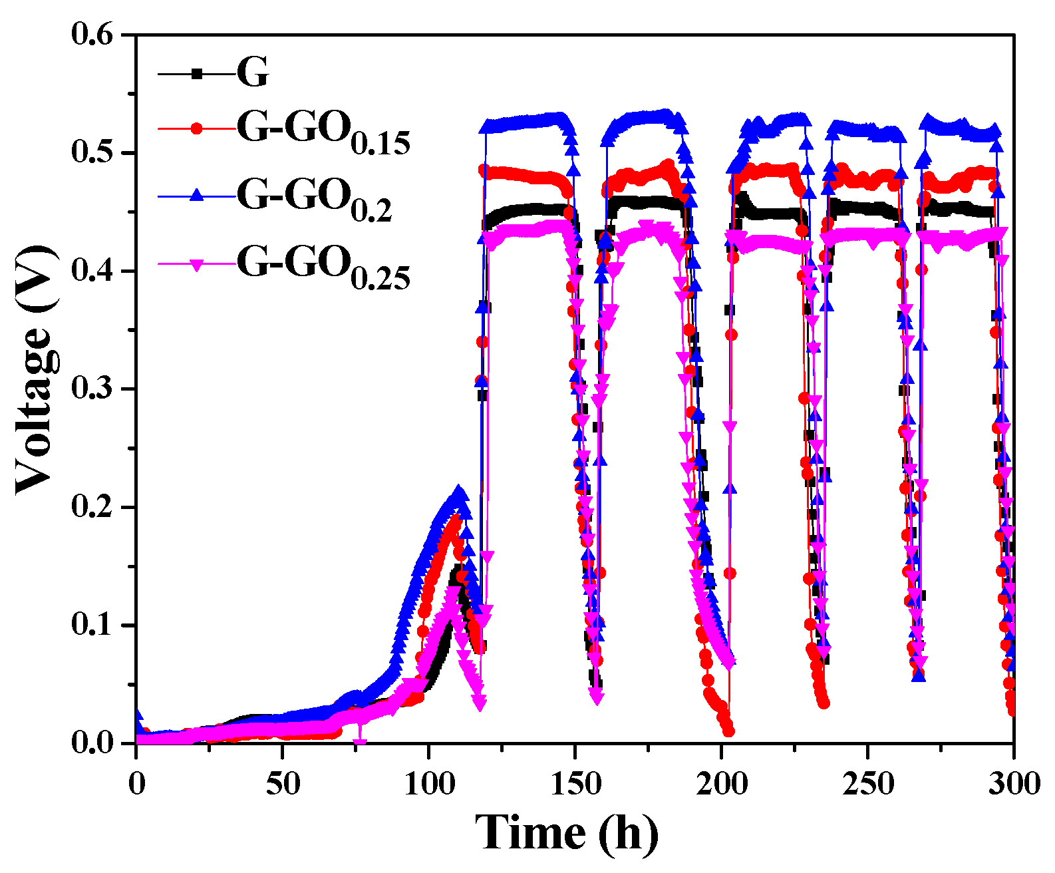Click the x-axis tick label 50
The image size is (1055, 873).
click(283, 783)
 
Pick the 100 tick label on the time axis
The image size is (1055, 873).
click(429, 783)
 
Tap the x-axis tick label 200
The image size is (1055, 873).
click(722, 783)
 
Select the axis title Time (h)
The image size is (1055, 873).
click(566, 832)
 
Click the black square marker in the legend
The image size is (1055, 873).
click(197, 74)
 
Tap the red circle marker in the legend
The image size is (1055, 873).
click(197, 128)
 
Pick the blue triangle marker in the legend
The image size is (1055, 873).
click(197, 194)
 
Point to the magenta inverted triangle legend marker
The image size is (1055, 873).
click(197, 265)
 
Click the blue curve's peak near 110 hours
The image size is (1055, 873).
click(458, 492)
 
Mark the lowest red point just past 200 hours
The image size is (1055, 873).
click(729, 731)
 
